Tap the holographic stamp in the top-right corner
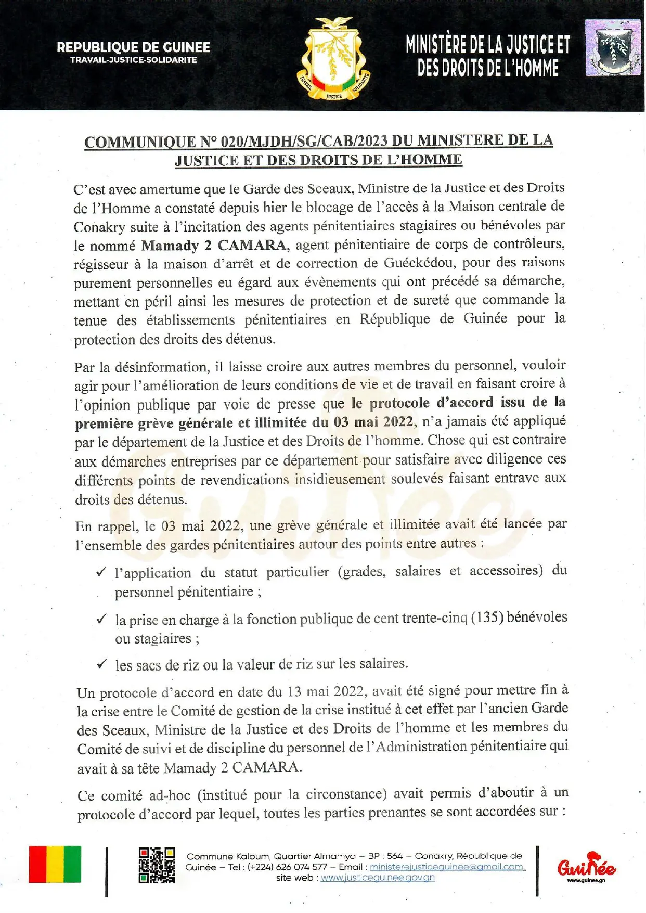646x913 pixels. click(613, 48)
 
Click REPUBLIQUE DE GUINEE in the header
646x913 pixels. click(134, 47)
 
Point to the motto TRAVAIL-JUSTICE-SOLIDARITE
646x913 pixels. click(134, 60)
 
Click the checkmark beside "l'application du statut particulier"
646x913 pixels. click(101, 573)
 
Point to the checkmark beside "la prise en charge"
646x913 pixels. click(101, 619)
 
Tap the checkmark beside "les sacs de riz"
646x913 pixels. click(101, 664)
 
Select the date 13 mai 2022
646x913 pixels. click(326, 692)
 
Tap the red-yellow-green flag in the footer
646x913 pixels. click(55, 865)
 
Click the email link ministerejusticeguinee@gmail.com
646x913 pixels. click(447, 867)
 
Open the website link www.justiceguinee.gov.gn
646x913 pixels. click(378, 878)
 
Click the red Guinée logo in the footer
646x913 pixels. click(586, 865)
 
